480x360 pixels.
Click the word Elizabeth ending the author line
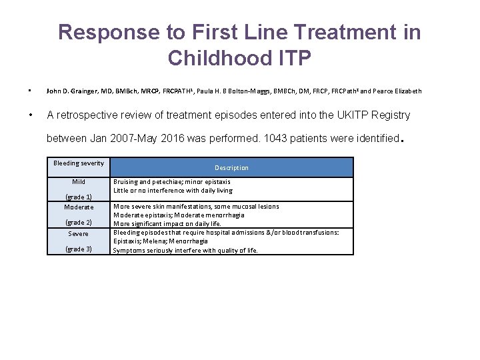(x=405, y=91)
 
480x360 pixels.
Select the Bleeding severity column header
(x=79, y=163)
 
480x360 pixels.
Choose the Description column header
(x=231, y=167)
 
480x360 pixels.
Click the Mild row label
(x=79, y=181)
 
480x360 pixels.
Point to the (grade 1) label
(x=79, y=197)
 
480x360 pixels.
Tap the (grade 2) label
(x=79, y=222)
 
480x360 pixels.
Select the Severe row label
(x=79, y=233)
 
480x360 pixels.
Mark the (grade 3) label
(x=79, y=249)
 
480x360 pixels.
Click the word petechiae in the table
(x=164, y=181)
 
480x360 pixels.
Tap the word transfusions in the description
(x=316, y=232)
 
